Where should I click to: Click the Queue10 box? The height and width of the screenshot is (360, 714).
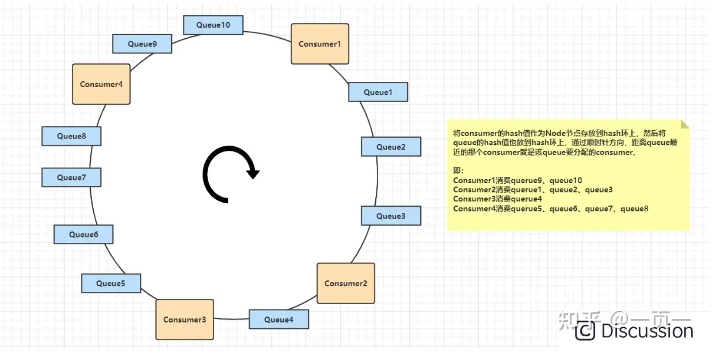(x=213, y=25)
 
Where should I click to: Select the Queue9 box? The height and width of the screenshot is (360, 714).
(x=142, y=44)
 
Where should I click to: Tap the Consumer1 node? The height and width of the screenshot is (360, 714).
(x=320, y=44)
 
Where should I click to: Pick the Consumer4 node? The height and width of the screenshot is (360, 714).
(x=101, y=84)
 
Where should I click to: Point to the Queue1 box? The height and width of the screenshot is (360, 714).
(x=378, y=92)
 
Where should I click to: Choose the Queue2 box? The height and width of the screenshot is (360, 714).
(x=391, y=147)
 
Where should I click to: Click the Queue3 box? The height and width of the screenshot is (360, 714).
(x=391, y=216)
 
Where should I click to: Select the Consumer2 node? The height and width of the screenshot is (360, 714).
(x=346, y=284)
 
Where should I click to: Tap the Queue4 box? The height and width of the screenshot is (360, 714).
(x=279, y=320)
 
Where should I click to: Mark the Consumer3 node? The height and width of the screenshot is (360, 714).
(x=185, y=320)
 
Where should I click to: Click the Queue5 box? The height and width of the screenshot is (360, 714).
(x=111, y=284)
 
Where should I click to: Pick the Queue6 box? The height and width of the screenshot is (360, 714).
(x=83, y=235)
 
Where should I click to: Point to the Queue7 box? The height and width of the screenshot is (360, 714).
(x=72, y=178)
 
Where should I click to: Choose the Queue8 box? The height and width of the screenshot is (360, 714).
(x=72, y=136)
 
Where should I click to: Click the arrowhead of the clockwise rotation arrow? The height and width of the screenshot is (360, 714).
(x=253, y=173)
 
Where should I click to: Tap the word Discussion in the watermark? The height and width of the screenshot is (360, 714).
(x=647, y=331)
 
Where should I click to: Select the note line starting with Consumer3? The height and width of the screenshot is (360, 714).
(x=497, y=199)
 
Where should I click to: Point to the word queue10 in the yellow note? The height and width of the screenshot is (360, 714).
(x=566, y=180)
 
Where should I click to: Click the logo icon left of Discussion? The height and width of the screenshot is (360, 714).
(x=585, y=331)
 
